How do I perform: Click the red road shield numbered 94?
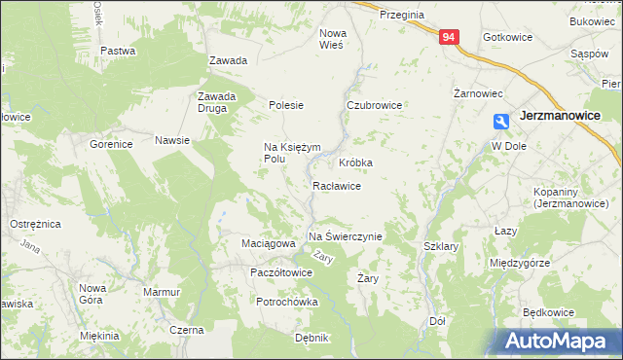click(449, 37)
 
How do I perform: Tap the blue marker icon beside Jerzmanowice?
click(501, 122)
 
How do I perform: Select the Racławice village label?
click(337, 186)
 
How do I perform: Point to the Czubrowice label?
click(375, 105)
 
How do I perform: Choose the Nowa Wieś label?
click(333, 38)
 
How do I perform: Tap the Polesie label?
click(287, 105)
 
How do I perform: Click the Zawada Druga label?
click(217, 102)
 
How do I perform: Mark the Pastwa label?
click(117, 50)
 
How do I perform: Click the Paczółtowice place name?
click(281, 272)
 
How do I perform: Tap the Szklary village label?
click(441, 247)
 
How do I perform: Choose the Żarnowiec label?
click(478, 94)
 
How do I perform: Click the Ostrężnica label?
click(36, 224)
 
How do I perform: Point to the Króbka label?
click(356, 162)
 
